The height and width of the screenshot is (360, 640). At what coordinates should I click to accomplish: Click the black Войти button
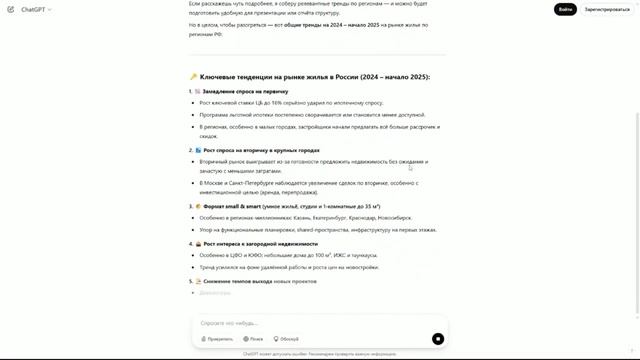click(x=566, y=9)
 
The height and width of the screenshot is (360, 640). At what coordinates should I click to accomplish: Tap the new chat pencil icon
click(x=8, y=9)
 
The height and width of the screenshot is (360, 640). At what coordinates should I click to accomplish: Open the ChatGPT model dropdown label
click(x=33, y=9)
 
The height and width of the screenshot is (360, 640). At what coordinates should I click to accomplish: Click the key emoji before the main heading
click(x=193, y=76)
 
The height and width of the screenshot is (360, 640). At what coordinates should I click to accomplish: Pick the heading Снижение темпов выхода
click(x=240, y=281)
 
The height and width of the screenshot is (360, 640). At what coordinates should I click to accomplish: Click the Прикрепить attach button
click(x=217, y=339)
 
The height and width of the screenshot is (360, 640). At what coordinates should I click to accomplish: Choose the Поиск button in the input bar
click(x=254, y=339)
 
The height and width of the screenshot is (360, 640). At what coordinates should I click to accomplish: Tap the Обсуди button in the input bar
click(x=286, y=339)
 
